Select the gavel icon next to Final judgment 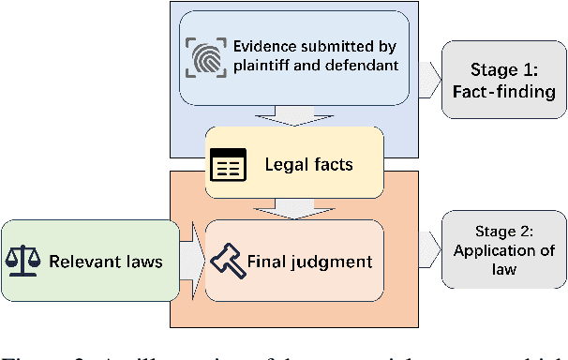tap(229, 261)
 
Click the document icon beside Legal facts tap(227, 165)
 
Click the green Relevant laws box tap(88, 261)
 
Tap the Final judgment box tap(295, 261)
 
